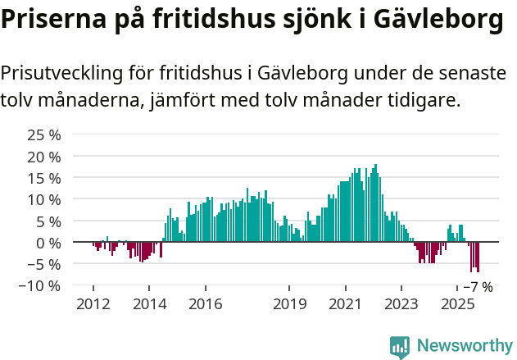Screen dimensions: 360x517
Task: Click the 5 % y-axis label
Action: (x=48, y=221)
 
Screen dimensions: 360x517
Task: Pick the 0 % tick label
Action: (x=48, y=243)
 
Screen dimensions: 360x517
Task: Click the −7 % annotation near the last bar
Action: (x=478, y=287)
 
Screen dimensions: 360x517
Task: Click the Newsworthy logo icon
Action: (x=400, y=346)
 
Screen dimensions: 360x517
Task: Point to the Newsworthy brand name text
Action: (x=464, y=346)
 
